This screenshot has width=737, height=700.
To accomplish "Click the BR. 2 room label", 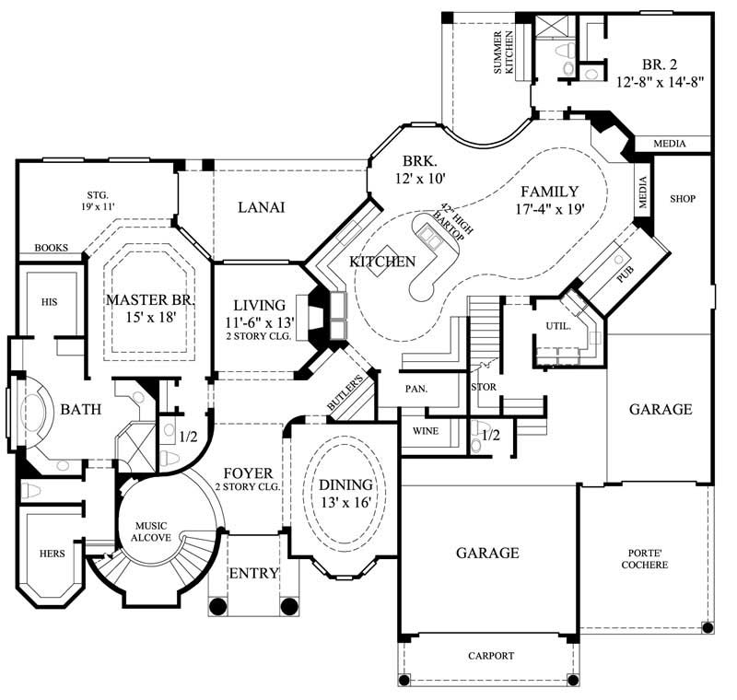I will tap(660, 64).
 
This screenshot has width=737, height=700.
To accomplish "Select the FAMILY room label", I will tap(549, 192).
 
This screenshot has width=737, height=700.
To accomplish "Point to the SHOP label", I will tap(683, 198).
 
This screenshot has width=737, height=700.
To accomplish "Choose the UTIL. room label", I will tap(559, 325).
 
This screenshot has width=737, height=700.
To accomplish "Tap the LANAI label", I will tap(261, 207).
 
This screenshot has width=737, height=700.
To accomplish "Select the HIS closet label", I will tap(48, 301).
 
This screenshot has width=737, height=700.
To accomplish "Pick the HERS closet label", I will tap(52, 554).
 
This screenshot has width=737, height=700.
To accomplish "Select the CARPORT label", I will tap(489, 657).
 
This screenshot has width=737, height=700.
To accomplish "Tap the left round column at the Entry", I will tap(218, 606).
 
